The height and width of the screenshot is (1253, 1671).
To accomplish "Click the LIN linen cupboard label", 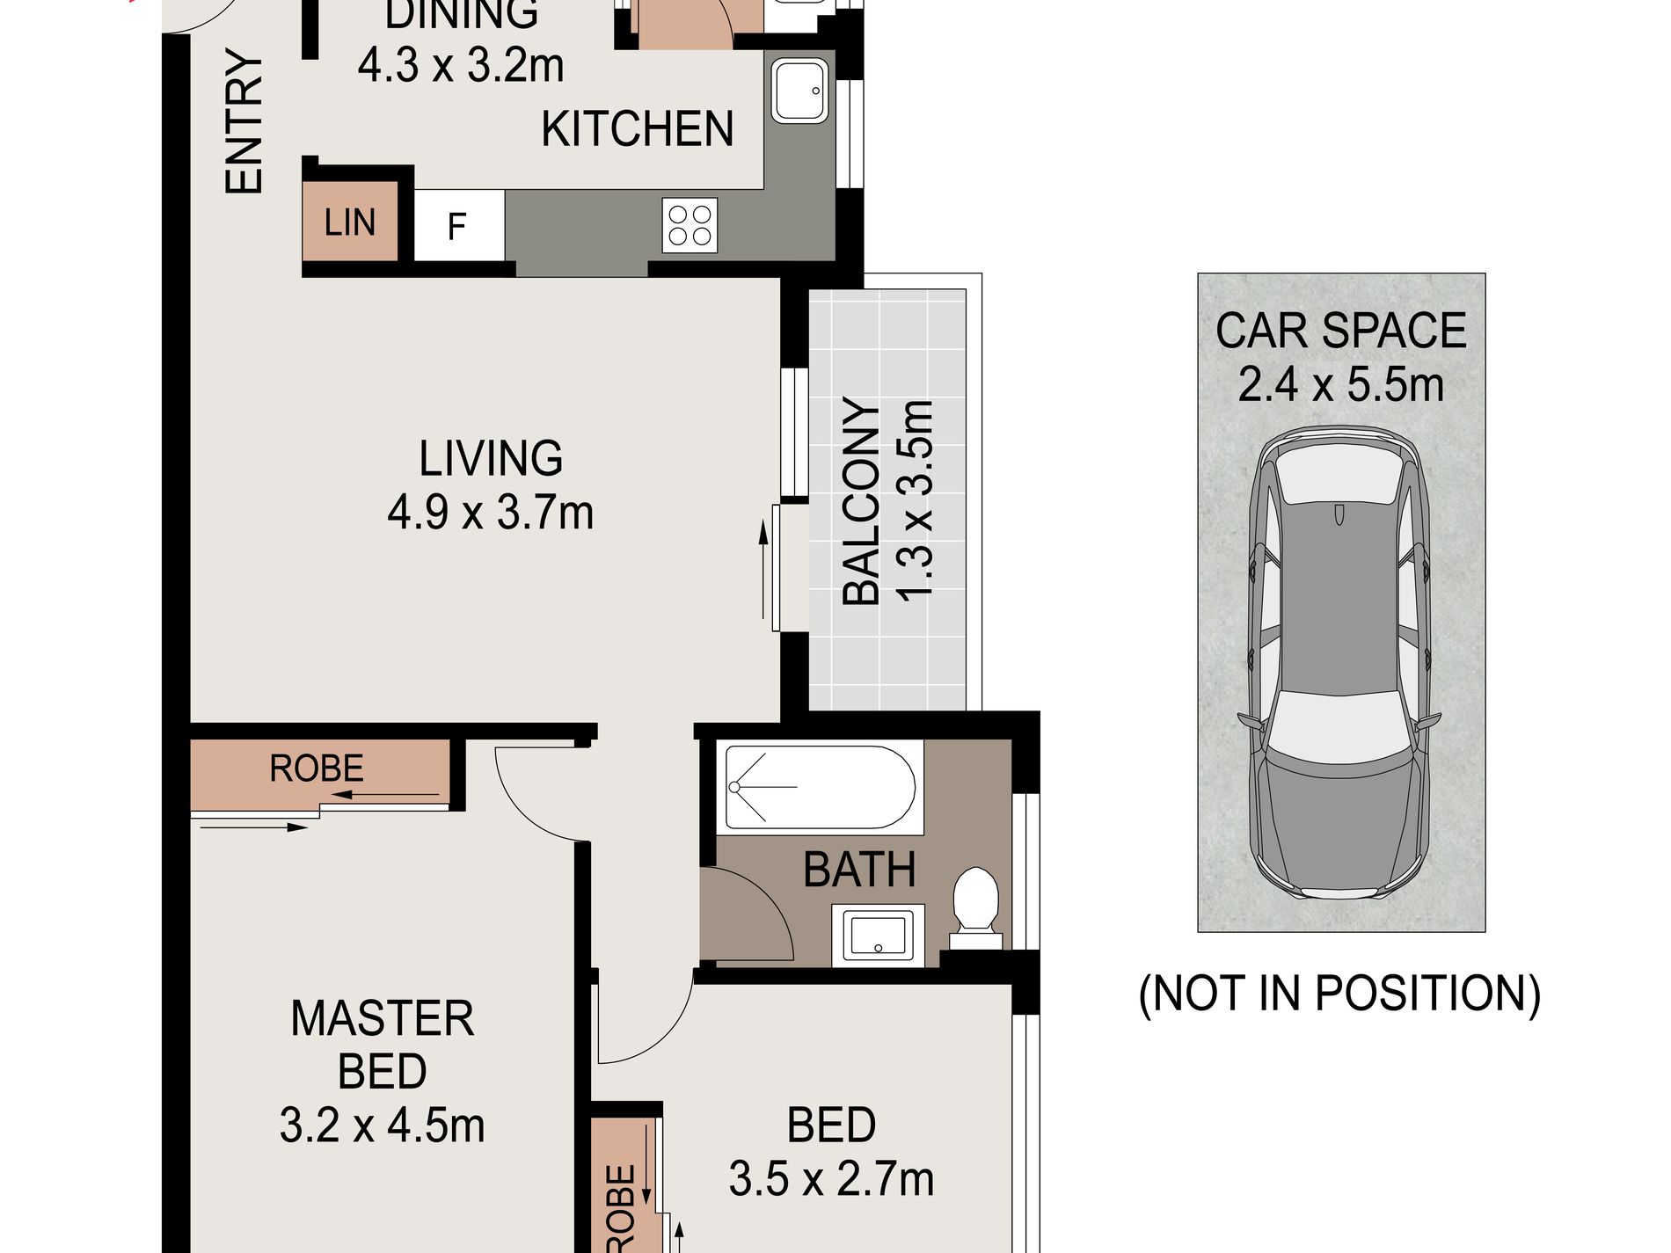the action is [349, 222].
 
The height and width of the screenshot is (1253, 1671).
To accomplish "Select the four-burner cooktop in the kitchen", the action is [690, 225].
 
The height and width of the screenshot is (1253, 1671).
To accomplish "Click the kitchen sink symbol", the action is [799, 90].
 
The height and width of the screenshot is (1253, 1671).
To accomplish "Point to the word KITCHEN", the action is [637, 129].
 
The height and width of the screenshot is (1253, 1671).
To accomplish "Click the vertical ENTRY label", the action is [244, 120].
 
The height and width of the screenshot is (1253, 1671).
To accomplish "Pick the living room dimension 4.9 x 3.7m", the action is [490, 512].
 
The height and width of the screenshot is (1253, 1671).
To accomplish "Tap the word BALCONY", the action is [861, 501].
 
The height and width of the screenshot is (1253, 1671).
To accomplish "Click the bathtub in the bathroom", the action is [820, 787].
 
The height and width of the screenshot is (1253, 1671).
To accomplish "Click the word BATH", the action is [859, 870].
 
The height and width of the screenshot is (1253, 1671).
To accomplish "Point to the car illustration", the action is [1339, 663].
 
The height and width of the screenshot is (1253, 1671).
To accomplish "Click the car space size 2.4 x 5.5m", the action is [1340, 385].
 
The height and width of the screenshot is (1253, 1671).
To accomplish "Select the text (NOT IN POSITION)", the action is [1339, 994].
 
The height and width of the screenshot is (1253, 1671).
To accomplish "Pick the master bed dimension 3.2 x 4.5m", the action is [382, 1126].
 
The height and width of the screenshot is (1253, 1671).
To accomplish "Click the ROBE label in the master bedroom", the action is [317, 769].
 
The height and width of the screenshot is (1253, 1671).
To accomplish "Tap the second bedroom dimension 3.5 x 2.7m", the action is [831, 1179].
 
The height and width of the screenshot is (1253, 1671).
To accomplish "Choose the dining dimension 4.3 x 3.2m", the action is [460, 65].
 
